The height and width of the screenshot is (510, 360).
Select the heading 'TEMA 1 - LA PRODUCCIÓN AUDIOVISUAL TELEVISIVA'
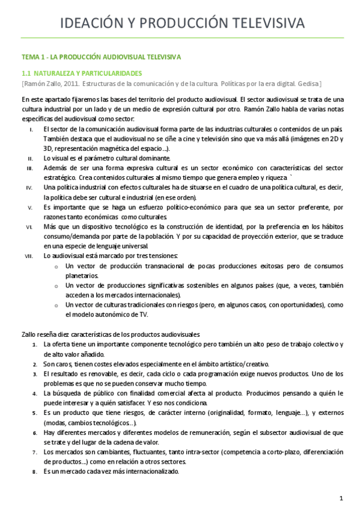pyautogui.click(x=101, y=57)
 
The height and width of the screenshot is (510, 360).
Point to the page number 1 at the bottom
pyautogui.click(x=341, y=498)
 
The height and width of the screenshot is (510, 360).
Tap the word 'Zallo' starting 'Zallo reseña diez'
pyautogui.click(x=29, y=334)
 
